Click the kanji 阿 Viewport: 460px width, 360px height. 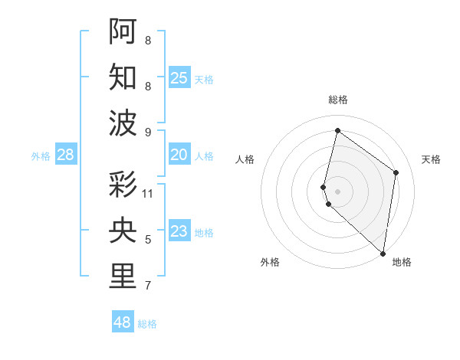point(123,31)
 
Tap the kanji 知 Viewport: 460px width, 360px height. point(123,77)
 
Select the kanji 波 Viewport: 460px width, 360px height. point(123,123)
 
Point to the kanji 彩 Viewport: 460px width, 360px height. point(123,185)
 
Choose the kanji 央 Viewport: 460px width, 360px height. point(123,231)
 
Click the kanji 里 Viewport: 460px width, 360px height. point(123,277)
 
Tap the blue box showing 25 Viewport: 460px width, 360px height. point(179,77)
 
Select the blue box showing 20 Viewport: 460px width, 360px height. point(179,155)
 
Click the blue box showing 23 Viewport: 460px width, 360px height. point(179,231)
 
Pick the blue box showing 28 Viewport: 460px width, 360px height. point(66,155)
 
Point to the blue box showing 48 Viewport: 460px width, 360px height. point(123,322)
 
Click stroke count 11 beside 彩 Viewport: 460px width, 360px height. point(148,194)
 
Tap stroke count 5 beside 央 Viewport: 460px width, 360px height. point(148,240)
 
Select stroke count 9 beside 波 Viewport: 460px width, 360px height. point(148,132)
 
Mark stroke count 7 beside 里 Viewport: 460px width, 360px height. point(148,286)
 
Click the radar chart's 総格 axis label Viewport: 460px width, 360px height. point(338,100)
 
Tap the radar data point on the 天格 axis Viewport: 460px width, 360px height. point(396,172)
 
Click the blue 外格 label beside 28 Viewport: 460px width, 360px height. point(41,155)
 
